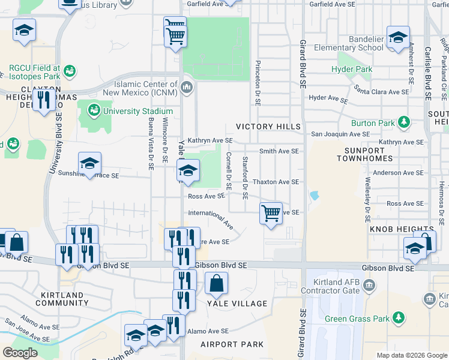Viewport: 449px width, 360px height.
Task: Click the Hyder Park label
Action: pos(352,70)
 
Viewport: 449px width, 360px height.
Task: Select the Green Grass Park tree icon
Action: pos(398,318)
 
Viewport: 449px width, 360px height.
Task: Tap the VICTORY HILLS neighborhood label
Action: pos(268,127)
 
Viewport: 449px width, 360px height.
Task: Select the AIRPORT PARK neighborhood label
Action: pos(232,344)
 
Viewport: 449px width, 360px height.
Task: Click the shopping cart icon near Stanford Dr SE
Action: pos(271,213)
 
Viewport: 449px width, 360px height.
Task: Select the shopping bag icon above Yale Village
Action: pos(216,283)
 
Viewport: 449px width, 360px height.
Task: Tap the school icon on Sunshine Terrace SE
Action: pos(89,163)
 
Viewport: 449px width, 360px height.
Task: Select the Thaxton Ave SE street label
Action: pos(276,182)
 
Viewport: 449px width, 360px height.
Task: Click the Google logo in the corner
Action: pos(20,353)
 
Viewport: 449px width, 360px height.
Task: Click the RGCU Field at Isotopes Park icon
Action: pos(70,71)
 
